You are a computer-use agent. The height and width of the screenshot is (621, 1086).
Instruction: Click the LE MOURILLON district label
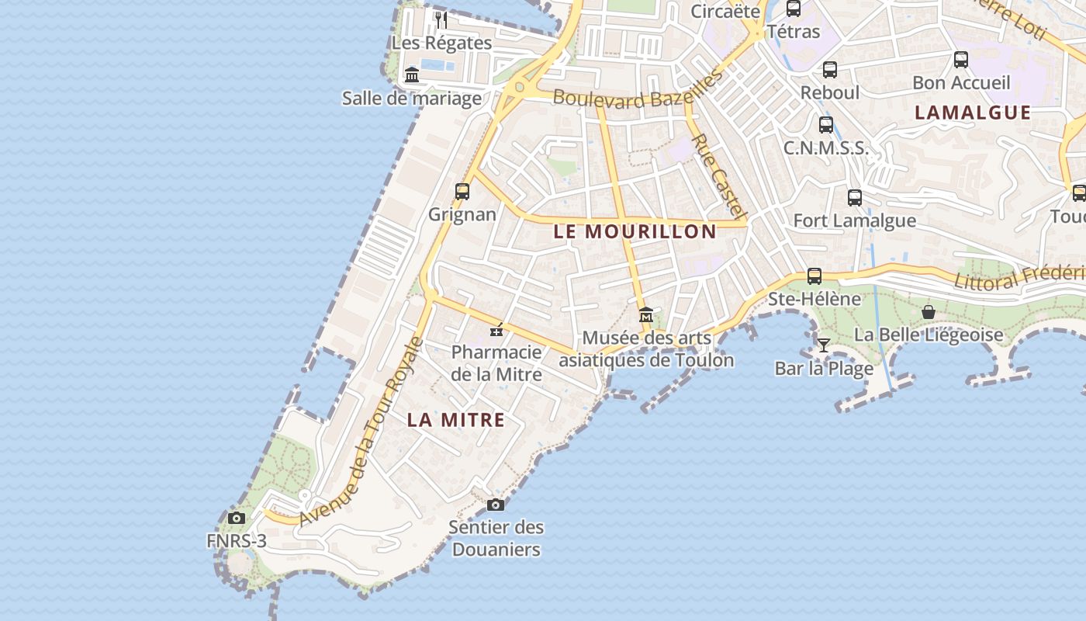coord(635,231)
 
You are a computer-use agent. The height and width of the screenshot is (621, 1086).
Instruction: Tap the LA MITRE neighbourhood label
coord(456,420)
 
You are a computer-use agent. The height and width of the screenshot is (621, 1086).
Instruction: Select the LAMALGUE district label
coord(973,113)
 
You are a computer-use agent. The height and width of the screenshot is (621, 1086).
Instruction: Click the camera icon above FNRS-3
coord(237,518)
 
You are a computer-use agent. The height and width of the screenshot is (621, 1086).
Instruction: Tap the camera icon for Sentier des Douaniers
coord(496,505)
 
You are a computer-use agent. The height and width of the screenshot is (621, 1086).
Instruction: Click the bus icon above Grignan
coord(462,191)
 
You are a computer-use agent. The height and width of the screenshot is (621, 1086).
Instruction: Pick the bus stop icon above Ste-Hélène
coord(814,276)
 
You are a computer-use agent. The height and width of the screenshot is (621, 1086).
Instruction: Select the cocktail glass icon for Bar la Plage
coord(824,345)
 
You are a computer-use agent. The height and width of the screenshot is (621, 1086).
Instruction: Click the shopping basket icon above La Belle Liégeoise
coord(929,312)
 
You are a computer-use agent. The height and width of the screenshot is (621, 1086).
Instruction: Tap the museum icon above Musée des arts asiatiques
coord(646,315)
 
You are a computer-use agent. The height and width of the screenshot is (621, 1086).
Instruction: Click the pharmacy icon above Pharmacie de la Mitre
coord(496,331)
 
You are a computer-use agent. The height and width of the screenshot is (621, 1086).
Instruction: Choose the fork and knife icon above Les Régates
coord(441,19)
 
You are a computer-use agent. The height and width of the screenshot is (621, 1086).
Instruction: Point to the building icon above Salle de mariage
coord(412,75)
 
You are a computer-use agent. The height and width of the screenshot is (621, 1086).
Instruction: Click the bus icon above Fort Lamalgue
coord(855,198)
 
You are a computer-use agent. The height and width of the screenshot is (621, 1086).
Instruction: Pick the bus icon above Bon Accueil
coord(961,60)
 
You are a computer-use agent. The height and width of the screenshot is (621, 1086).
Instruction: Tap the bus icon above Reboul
coord(830,70)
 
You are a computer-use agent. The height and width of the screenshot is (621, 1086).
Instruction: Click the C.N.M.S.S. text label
coord(825,148)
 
